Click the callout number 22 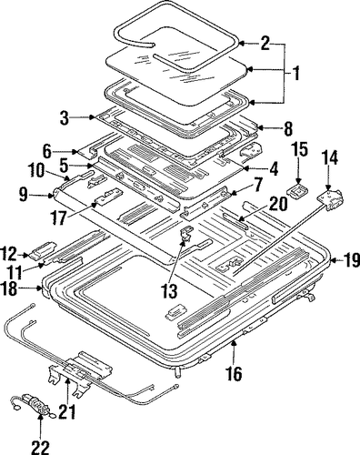coord(40,447)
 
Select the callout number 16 coord(235,373)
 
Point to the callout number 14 coord(329,158)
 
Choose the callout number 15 coord(300,148)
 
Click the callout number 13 coord(169,291)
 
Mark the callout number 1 coord(295,73)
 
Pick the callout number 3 coord(65,118)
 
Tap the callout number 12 coord(9,254)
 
